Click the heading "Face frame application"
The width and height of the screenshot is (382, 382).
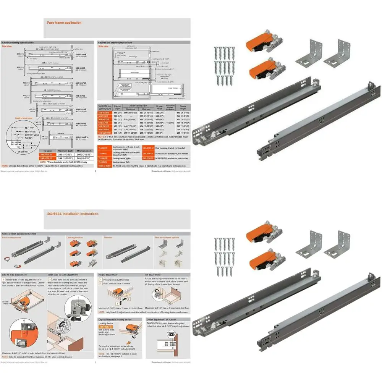pyautogui.click(x=64, y=23)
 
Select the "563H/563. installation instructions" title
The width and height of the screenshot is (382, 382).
pyautogui.click(x=73, y=214)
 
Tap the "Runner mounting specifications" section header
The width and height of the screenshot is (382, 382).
pyautogui.click(x=18, y=42)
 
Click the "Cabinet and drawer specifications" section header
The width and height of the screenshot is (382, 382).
pyautogui.click(x=115, y=42)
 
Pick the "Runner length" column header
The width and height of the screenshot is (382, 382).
pyautogui.click(x=183, y=107)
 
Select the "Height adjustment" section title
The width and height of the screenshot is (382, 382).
pyautogui.click(x=108, y=275)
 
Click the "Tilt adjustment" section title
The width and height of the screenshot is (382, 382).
pyautogui.click(x=153, y=275)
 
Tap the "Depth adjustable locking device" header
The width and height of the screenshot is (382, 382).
pyautogui.click(x=115, y=319)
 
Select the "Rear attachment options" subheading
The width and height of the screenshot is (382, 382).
pyautogui.click(x=167, y=237)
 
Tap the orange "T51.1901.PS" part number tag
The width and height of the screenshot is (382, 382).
pyautogui.click(x=106, y=327)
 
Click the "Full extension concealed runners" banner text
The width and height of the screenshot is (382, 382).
pyautogui.click(x=19, y=233)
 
